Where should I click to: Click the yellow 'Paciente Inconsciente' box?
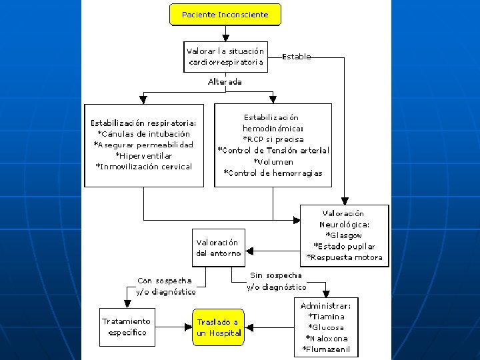(x=225, y=15)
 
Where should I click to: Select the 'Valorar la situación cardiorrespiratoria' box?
(x=225, y=57)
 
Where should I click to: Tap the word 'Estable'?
(x=297, y=57)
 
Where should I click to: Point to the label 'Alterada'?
(x=225, y=82)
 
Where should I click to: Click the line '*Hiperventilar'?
(x=143, y=155)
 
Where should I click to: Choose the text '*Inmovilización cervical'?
(x=143, y=167)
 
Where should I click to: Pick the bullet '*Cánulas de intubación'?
(x=143, y=133)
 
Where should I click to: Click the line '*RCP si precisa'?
(x=273, y=139)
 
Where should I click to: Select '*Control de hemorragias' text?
(x=273, y=173)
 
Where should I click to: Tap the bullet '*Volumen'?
(x=273, y=162)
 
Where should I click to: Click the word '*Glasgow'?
(x=343, y=235)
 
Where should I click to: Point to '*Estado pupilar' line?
(x=344, y=246)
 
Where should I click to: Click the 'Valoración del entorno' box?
(x=217, y=247)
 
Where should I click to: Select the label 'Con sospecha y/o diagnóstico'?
(x=165, y=286)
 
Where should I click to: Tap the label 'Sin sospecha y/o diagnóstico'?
(x=276, y=281)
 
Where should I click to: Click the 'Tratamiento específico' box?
(x=126, y=326)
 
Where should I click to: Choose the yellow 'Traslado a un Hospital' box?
(x=218, y=327)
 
